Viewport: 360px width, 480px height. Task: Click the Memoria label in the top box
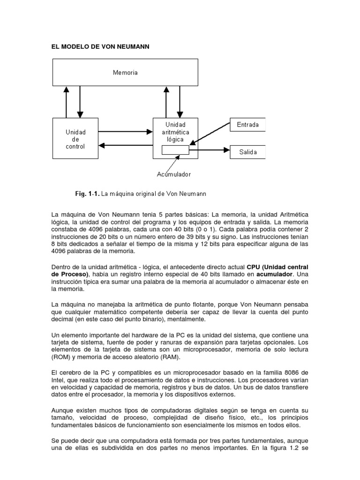(125, 73)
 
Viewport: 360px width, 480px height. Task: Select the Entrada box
(248, 126)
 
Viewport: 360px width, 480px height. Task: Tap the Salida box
(248, 152)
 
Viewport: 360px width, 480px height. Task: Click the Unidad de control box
(75, 139)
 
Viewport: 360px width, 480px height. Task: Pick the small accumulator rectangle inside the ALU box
(175, 150)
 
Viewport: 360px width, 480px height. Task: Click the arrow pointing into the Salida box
(209, 150)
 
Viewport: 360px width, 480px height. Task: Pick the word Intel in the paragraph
(58, 380)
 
